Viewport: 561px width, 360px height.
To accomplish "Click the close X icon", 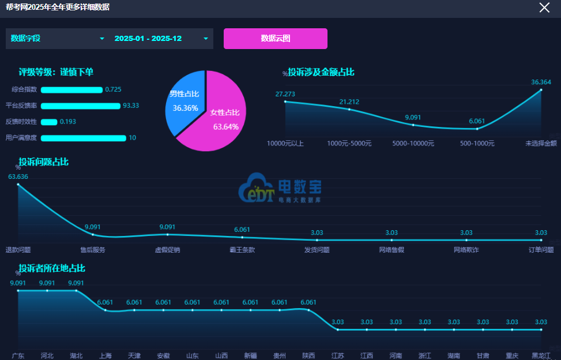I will [544, 7].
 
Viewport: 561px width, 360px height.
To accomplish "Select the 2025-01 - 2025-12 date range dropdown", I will [161, 39].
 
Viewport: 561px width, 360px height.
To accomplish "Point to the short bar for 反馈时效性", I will [49, 122].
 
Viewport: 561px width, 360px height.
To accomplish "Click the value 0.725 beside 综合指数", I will [113, 89].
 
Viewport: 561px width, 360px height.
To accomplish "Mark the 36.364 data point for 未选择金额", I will [541, 90].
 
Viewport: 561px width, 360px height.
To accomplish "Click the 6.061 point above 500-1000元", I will [477, 129].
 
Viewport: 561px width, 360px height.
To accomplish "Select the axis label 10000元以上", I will [285, 143].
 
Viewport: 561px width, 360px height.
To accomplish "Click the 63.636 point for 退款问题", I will [18, 184].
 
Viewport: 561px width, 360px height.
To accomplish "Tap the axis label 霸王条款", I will [242, 250].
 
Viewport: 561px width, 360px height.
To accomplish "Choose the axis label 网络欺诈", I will [466, 250].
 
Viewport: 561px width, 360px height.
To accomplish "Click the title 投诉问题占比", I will [44, 162].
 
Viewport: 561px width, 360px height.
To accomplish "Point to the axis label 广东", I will [18, 355].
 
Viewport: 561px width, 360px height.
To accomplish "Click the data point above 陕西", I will [308, 310].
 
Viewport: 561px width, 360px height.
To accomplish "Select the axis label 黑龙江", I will [541, 355].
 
